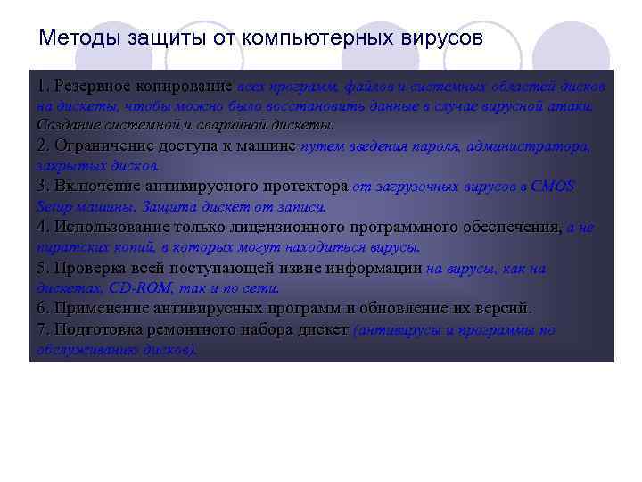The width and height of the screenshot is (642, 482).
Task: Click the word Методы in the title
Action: point(74,38)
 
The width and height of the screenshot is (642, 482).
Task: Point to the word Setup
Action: point(53,206)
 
